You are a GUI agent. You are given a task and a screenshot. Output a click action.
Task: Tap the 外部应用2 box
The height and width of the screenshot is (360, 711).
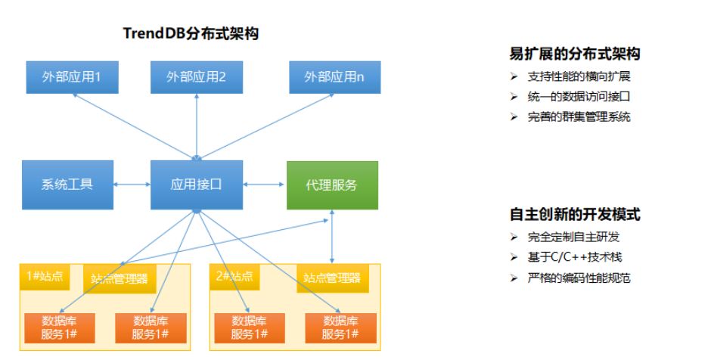(x=197, y=76)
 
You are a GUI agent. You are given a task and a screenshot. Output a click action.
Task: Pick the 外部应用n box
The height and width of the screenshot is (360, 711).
(x=334, y=76)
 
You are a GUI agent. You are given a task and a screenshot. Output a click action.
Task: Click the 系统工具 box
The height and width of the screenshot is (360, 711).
(x=67, y=184)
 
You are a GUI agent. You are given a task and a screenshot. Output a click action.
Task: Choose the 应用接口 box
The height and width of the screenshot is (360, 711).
(x=197, y=184)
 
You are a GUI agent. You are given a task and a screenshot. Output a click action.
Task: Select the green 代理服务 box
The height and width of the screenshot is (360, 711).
(x=332, y=184)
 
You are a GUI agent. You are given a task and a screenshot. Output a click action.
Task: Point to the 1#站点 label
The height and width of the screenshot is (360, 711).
(x=45, y=277)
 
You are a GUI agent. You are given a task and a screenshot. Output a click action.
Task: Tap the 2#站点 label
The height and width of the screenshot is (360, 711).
(x=234, y=277)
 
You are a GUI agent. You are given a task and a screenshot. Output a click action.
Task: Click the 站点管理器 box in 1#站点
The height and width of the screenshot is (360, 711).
(x=119, y=278)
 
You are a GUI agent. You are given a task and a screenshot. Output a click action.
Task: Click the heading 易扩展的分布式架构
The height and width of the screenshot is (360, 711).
(x=575, y=54)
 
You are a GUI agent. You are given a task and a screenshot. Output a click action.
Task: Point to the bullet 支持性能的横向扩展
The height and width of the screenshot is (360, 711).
(x=579, y=77)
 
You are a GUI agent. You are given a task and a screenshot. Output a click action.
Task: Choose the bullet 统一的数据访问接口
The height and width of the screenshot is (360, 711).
(x=579, y=97)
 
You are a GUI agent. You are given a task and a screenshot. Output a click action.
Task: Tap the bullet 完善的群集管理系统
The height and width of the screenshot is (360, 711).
(x=579, y=116)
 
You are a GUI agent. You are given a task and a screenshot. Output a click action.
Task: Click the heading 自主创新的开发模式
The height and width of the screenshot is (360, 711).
(x=575, y=214)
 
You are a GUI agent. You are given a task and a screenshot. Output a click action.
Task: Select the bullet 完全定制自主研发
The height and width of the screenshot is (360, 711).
(x=575, y=237)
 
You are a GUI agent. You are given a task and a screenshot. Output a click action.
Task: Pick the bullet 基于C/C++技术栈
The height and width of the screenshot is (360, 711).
(x=575, y=257)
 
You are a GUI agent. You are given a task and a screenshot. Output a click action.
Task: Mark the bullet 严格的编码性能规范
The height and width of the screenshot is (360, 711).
(x=579, y=278)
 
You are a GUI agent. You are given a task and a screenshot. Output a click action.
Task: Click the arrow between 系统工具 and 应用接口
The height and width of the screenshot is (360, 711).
(x=132, y=183)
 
